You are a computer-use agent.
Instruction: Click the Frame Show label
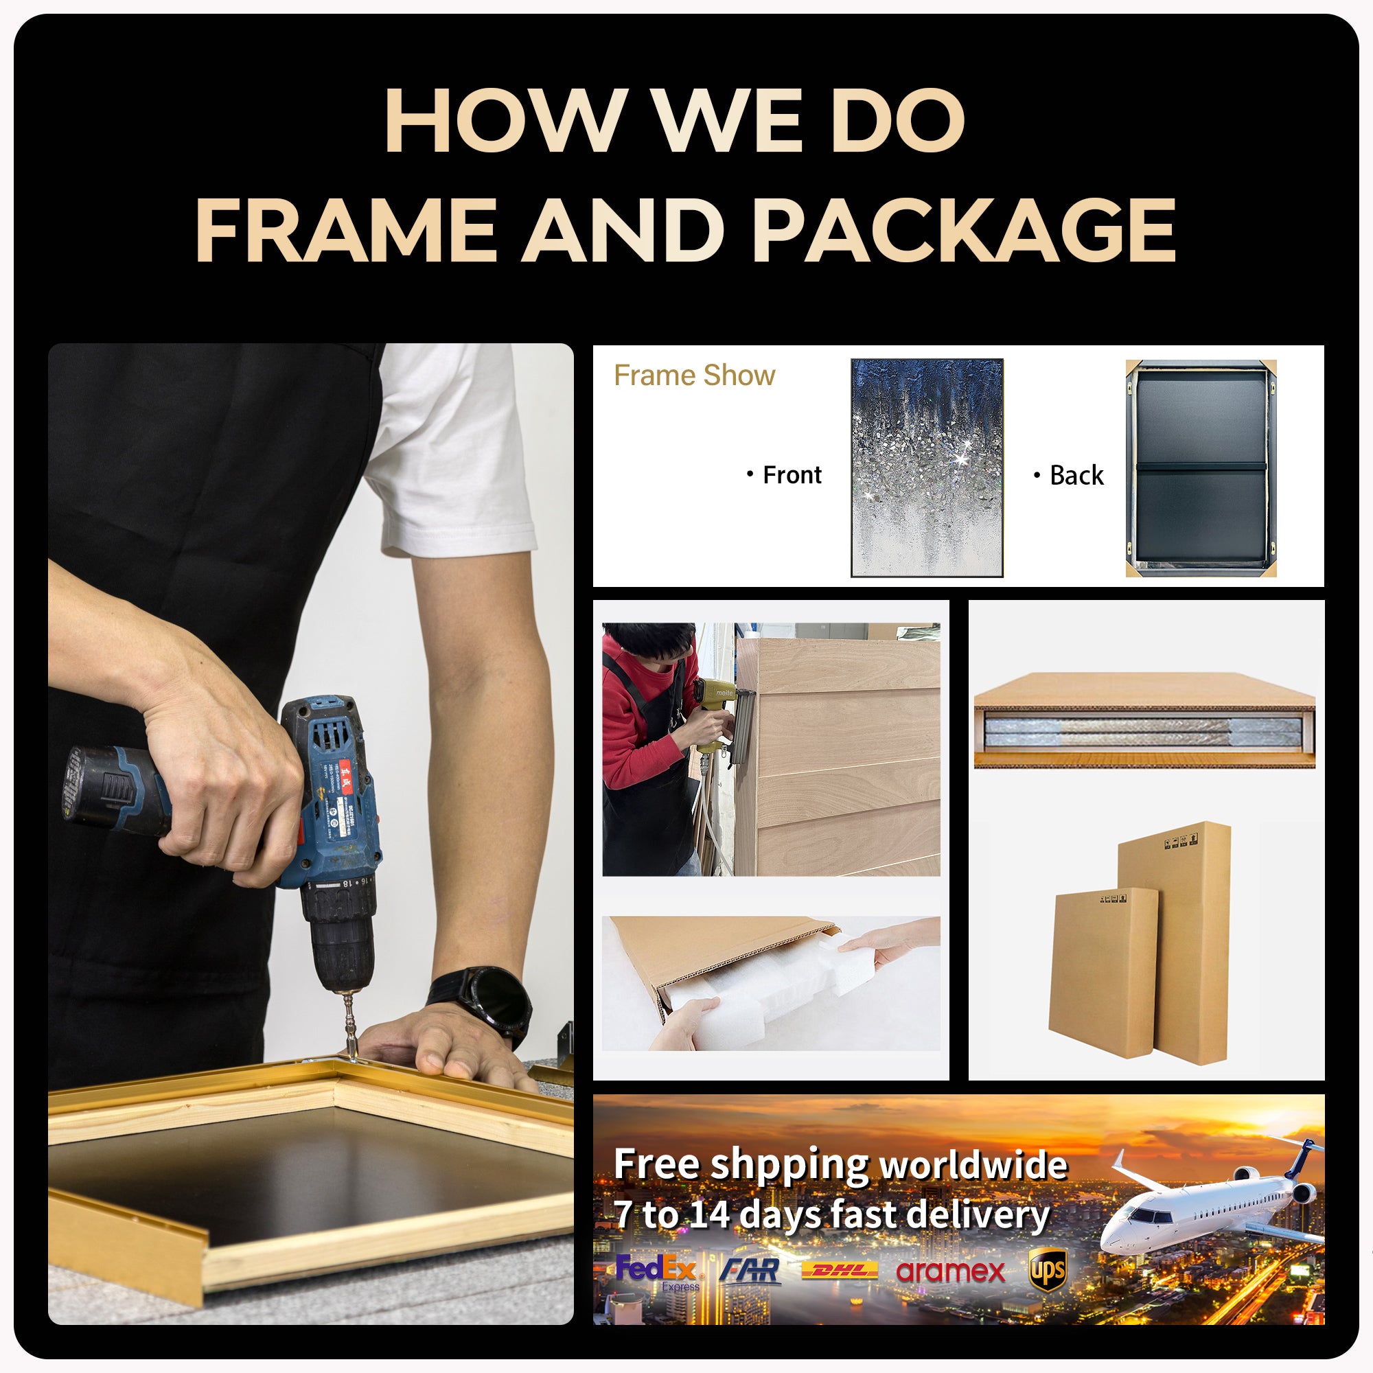click(x=694, y=376)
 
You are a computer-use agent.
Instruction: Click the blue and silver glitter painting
click(x=927, y=467)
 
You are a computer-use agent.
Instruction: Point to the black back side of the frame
click(x=1200, y=467)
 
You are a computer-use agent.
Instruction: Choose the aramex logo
click(x=950, y=1271)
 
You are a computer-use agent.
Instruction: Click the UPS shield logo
click(x=1048, y=1269)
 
